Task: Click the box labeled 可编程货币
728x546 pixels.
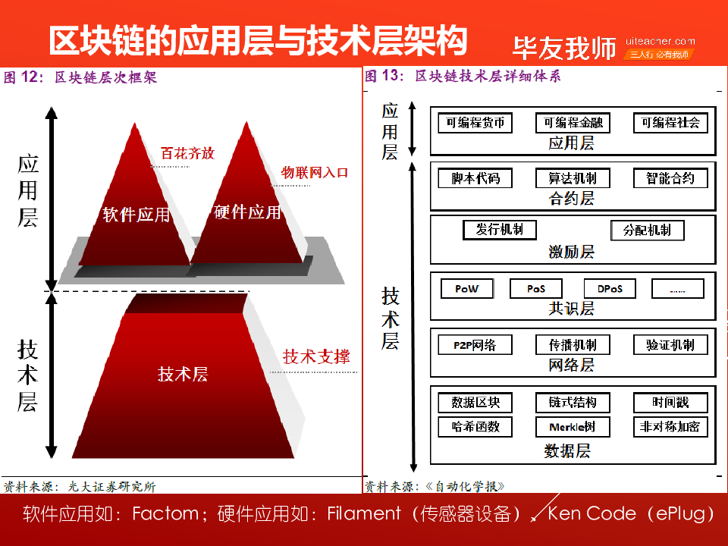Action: (x=475, y=123)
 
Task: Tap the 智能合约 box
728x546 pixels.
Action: (x=670, y=179)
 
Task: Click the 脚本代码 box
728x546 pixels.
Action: (x=475, y=179)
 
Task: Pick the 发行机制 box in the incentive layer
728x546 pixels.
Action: (x=500, y=230)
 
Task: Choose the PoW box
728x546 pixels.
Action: (x=466, y=289)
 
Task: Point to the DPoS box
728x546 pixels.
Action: (x=609, y=289)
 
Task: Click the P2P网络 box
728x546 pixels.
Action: (x=475, y=345)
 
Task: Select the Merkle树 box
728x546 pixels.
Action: (x=573, y=427)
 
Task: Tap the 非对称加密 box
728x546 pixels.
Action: (x=670, y=427)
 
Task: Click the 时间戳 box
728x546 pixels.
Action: (x=670, y=403)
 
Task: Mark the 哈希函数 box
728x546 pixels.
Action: (x=475, y=427)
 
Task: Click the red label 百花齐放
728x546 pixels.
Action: (x=187, y=153)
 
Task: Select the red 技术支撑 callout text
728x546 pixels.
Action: (x=316, y=356)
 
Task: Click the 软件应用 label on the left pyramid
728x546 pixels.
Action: (x=136, y=215)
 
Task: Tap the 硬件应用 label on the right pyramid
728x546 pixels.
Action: (x=247, y=212)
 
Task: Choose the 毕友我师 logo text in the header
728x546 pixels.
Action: (x=564, y=48)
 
